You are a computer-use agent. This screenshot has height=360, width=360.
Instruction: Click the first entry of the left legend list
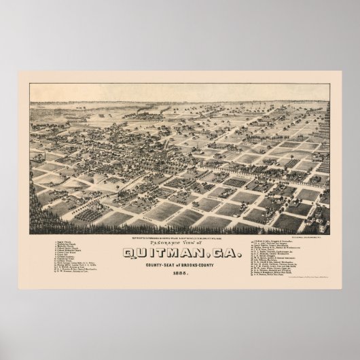point(68,240)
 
